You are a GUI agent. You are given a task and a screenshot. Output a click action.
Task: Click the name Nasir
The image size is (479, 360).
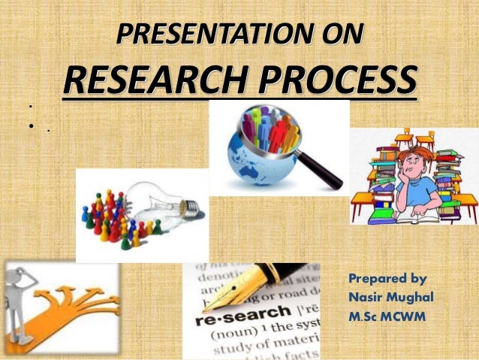click(x=369, y=297)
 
